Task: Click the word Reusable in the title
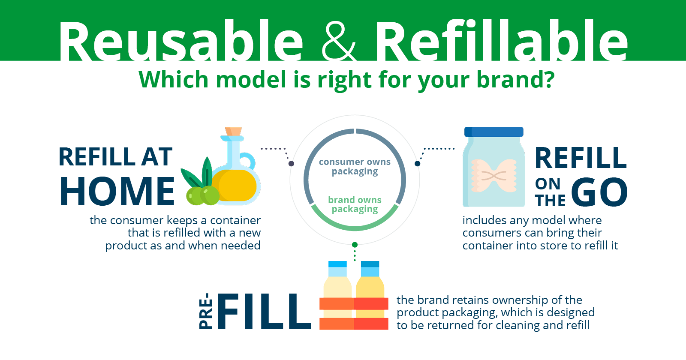pos(181,41)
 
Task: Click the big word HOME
pos(117,191)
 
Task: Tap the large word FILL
pos(264,311)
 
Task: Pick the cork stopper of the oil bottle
pos(233,131)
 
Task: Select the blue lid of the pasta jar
pos(494,132)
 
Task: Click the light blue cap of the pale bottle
pos(337,269)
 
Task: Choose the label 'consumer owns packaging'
pos(355,167)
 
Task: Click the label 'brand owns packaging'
pos(355,204)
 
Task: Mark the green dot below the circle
pos(355,245)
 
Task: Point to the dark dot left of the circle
pos(291,164)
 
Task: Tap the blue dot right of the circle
pos(418,164)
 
